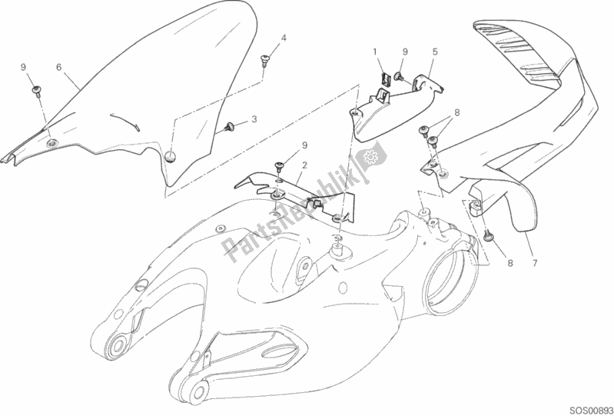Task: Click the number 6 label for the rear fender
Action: click(58, 67)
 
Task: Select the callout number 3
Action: click(254, 120)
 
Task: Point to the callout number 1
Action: click(377, 52)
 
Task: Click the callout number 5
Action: click(435, 52)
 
